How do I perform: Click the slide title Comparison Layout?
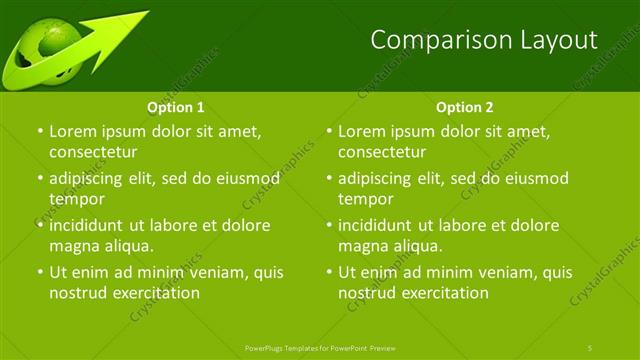484,40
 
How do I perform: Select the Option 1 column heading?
176,107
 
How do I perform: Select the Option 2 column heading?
465,107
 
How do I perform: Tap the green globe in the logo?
45,54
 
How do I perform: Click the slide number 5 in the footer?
591,347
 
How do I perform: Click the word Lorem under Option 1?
72,131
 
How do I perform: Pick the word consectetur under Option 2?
383,152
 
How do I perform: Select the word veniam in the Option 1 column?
208,272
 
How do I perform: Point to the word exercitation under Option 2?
439,293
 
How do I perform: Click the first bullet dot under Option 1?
39,132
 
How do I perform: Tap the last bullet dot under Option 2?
328,273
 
